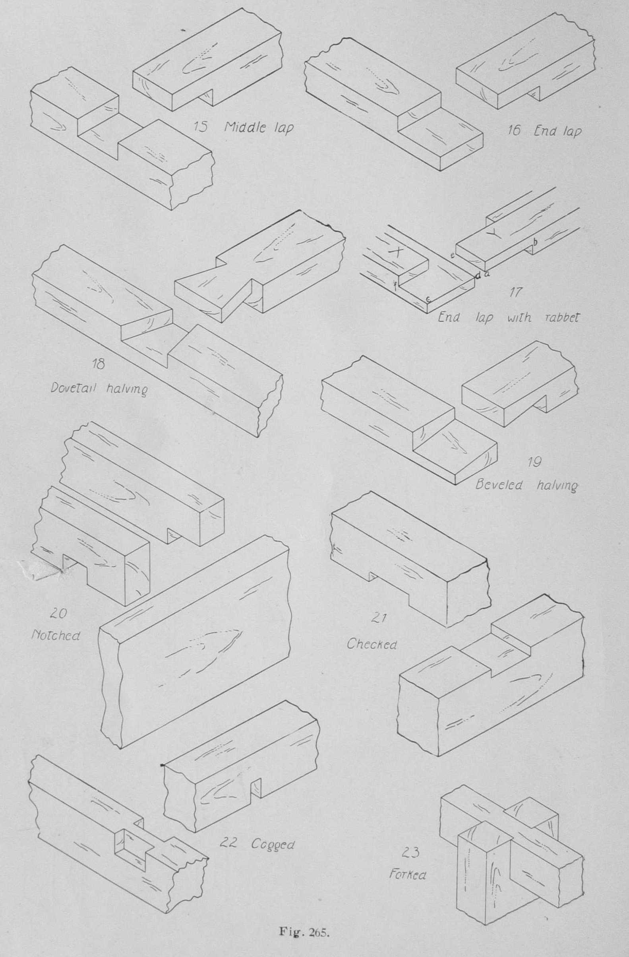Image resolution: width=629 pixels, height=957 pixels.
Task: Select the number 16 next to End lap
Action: pos(513,131)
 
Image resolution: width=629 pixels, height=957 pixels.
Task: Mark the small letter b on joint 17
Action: pos(535,241)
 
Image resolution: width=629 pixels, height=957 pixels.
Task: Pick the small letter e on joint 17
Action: pos(452,255)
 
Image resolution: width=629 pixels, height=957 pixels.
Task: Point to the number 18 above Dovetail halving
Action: pos(99,364)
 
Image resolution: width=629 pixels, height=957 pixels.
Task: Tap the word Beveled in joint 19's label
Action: pos(498,484)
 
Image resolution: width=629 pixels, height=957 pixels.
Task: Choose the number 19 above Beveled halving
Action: pos(534,462)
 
